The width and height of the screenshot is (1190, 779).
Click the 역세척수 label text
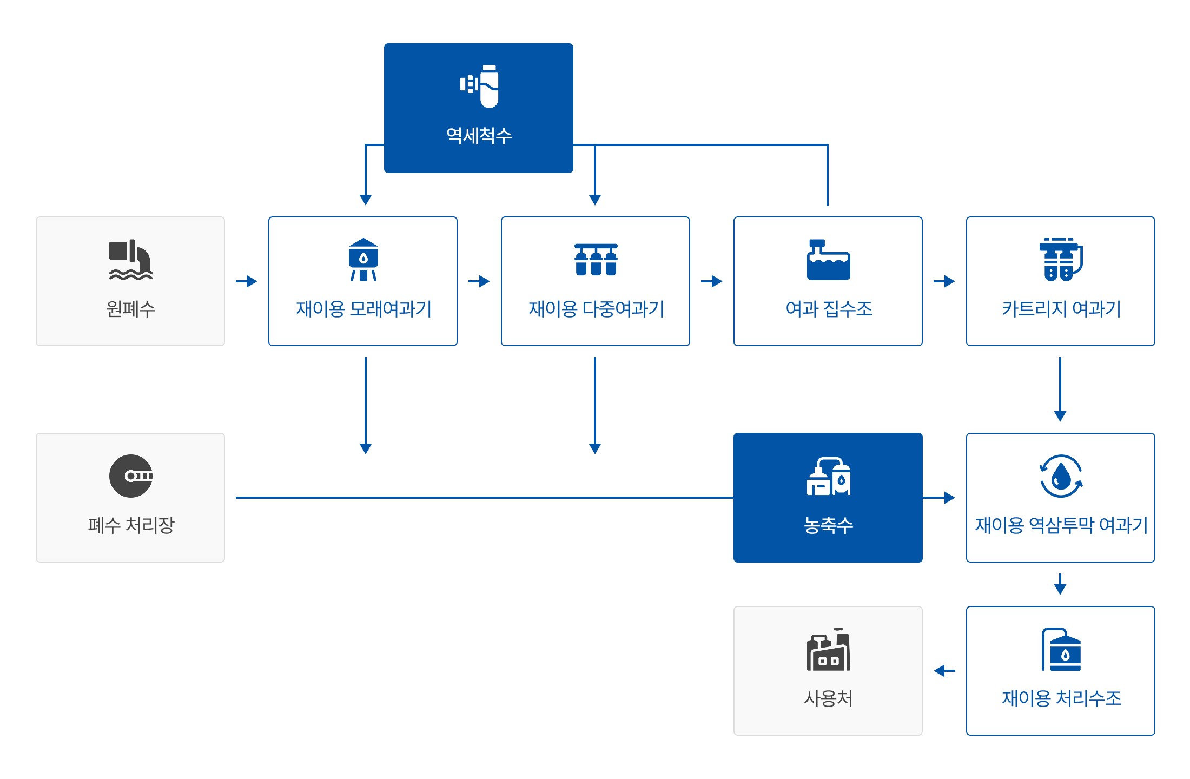coord(479,135)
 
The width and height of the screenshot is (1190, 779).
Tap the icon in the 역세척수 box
coord(479,86)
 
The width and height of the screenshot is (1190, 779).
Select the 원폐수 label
coord(131,309)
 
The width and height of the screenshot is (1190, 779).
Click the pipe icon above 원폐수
coord(131,260)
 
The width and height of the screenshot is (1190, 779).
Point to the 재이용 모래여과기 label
coord(363,309)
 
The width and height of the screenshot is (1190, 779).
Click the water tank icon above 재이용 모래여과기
coord(363,260)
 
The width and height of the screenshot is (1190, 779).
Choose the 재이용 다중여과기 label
coord(596,309)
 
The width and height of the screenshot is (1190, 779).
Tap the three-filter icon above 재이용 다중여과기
coord(596,260)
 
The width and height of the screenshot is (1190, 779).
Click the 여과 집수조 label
coord(829,309)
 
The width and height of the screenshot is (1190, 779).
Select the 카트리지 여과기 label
coord(1061,309)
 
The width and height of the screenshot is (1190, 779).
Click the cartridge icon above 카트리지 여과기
coord(1061,260)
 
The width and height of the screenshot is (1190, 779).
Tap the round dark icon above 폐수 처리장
coord(131,476)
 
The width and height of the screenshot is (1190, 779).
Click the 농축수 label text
coord(829,525)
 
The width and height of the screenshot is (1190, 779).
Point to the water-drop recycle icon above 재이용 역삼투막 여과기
coord(1061,476)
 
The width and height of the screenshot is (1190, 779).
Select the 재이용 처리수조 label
coord(1061,698)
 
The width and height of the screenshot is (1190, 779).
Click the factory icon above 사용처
coord(829,649)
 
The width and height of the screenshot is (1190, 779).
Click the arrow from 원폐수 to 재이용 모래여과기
coord(247,281)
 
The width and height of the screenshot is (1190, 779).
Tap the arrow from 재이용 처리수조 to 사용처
coord(944,671)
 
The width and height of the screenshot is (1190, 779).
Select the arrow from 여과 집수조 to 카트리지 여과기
coord(944,281)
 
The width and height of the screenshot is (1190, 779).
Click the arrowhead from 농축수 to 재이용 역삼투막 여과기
coord(950,498)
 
